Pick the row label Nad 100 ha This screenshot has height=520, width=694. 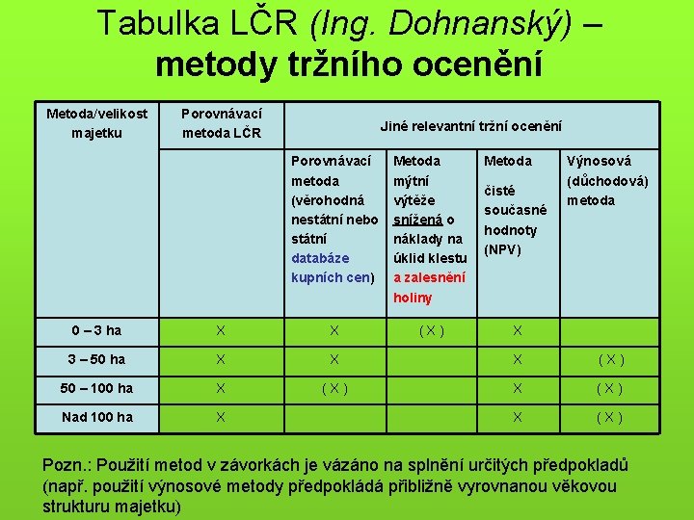point(97,418)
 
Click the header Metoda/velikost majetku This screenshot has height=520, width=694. point(97,123)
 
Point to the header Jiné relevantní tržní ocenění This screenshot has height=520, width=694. point(470,125)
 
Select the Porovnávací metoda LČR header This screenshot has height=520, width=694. point(222,123)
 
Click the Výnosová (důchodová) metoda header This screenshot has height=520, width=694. point(607,181)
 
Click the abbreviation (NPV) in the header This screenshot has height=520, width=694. point(502,249)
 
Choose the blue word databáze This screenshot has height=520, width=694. point(320,258)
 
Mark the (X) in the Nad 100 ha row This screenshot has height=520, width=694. point(609,418)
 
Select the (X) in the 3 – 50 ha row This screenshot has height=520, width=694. point(609,360)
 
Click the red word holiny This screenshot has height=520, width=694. point(414,298)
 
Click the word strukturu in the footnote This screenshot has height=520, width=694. point(80,505)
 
